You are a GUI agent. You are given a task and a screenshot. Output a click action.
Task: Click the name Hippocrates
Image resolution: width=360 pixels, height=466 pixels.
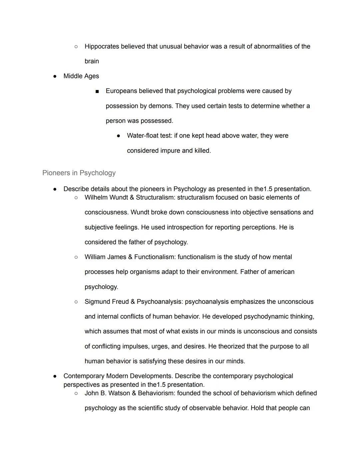point(102,46)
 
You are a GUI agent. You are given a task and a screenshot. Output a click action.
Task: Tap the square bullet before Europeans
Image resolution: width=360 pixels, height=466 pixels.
point(97,91)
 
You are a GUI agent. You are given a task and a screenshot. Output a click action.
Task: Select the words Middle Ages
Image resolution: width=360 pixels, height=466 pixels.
point(81,76)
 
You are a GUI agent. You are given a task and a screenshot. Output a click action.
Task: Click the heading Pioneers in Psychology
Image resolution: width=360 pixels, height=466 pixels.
point(79,173)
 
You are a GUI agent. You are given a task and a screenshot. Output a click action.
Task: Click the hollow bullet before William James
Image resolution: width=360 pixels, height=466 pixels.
point(76,257)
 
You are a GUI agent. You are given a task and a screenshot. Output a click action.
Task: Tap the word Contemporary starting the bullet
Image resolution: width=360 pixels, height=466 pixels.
point(84,376)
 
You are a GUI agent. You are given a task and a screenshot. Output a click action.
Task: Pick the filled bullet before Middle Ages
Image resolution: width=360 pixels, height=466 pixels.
point(55,76)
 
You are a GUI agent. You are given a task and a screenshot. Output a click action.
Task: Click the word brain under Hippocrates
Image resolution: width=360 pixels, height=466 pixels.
point(92,61)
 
